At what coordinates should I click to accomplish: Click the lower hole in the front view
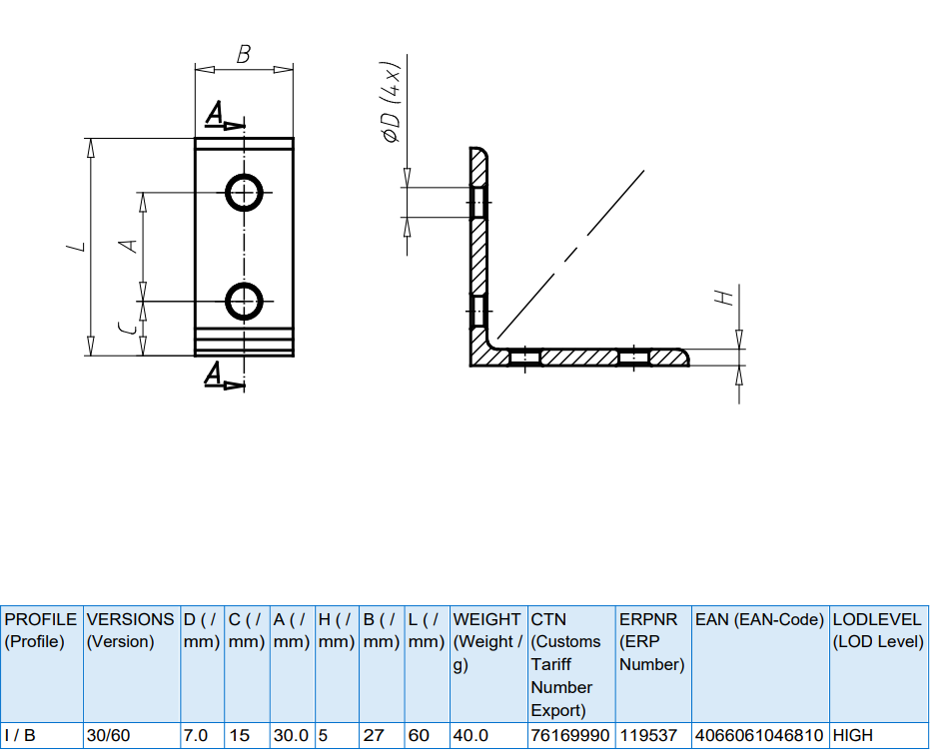point(244,284)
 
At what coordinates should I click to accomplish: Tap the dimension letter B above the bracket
point(243,54)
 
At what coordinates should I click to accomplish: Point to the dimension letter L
point(76,246)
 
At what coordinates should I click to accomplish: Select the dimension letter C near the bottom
point(127,329)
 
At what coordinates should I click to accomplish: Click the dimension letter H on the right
point(724,298)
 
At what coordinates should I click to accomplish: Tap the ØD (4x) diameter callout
point(391,102)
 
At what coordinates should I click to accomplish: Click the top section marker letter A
point(215,113)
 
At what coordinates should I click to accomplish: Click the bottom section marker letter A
point(214,374)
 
